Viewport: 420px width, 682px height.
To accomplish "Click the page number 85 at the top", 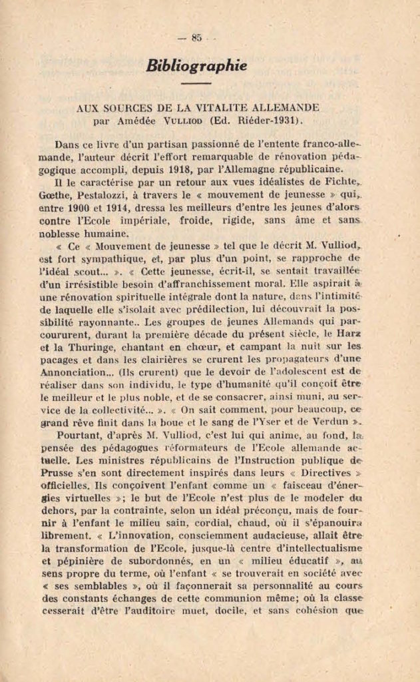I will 196,38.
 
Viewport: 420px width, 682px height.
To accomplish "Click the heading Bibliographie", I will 196,66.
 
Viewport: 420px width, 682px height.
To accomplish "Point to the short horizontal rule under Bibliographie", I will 196,84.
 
